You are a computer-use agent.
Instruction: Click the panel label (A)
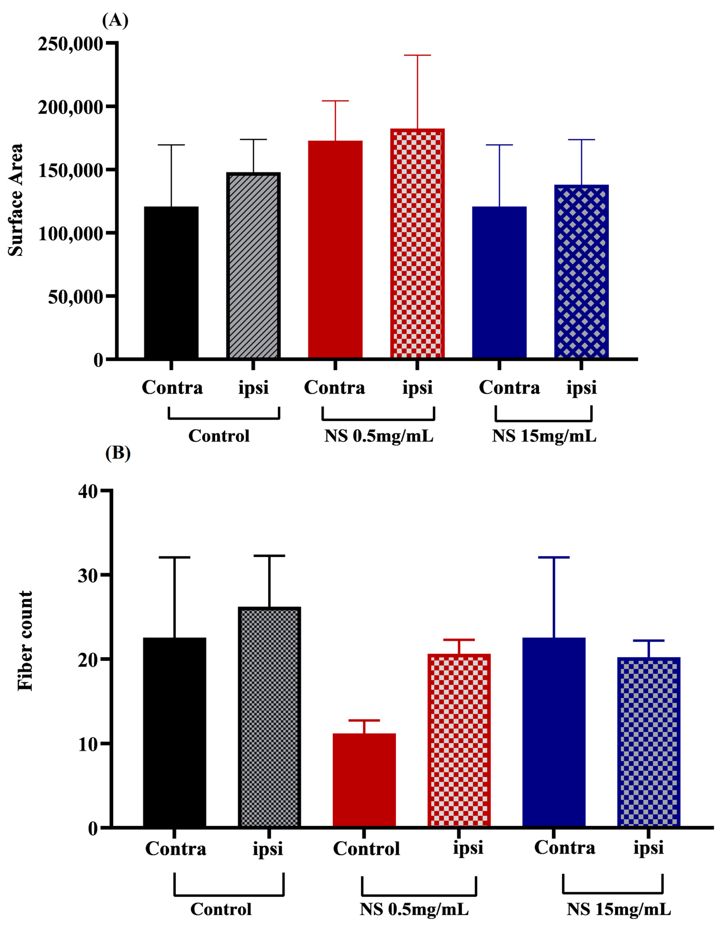(115, 20)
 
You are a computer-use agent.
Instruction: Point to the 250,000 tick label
(70, 44)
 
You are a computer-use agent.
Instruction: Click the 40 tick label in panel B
(88, 491)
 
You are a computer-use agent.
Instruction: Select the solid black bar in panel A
(171, 282)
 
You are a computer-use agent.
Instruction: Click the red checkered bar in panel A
(417, 244)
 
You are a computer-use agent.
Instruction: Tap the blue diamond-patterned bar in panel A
(581, 272)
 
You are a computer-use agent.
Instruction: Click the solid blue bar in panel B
(553, 732)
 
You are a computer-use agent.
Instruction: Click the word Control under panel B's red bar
(366, 849)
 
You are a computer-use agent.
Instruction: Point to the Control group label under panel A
(219, 436)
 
